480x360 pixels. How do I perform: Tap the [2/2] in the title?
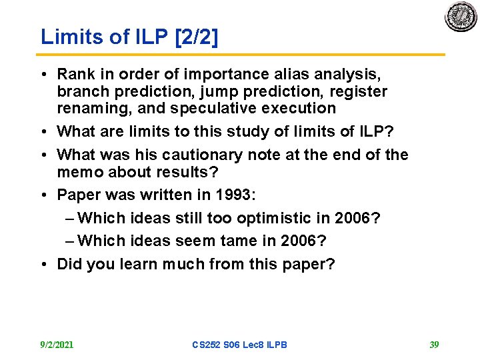coord(195,37)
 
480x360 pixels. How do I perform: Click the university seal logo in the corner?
coord(461,16)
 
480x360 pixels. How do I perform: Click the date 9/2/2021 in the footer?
coord(57,345)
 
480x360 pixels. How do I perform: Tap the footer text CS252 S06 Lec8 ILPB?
coord(239,345)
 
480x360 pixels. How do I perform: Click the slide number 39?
coord(435,345)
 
